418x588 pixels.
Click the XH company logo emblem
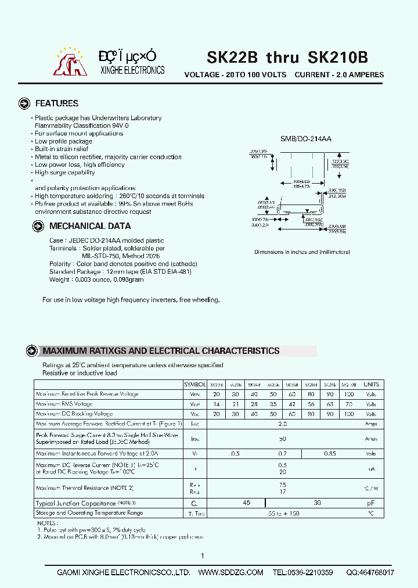pos(70,63)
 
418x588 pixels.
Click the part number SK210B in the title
pos(337,57)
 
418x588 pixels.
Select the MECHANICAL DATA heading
pos(89,226)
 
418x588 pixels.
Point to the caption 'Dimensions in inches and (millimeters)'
pos(302,252)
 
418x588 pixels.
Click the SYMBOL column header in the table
pos(195,385)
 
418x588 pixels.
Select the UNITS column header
pos(371,385)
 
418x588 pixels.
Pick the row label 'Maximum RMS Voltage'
pos(64,404)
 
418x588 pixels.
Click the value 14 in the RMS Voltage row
pos(217,404)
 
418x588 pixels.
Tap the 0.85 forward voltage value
pos(330,453)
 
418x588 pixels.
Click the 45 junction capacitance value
pos(247,503)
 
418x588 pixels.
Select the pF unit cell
pos(371,503)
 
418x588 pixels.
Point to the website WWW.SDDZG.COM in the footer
pos(231,572)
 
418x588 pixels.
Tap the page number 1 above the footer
pos(203,557)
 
